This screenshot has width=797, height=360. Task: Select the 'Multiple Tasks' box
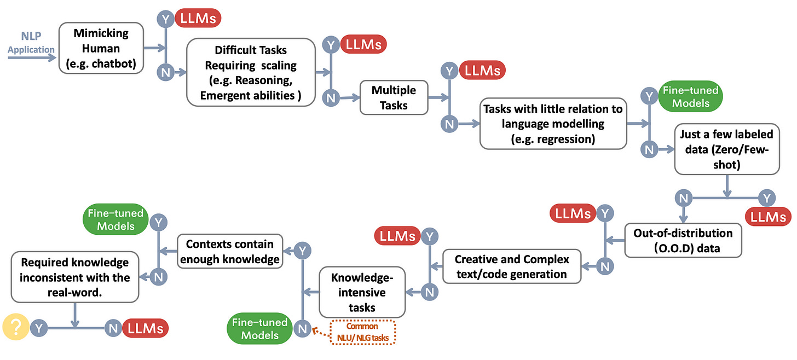[x=394, y=97]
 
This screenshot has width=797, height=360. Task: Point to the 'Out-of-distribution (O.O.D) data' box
[x=683, y=240]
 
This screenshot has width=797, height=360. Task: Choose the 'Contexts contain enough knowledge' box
[x=229, y=251]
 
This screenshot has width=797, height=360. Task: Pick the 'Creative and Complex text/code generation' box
[x=512, y=266]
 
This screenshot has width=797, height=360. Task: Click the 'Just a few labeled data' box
[x=726, y=149]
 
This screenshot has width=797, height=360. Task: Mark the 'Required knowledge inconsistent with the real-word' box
[x=74, y=277]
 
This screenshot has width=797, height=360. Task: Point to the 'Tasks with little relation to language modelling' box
[x=552, y=124]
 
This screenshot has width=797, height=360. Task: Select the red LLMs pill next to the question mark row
[x=145, y=328]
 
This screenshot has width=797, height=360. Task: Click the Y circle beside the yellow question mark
[x=39, y=328]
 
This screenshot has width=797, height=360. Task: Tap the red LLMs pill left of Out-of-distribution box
[x=573, y=214]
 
